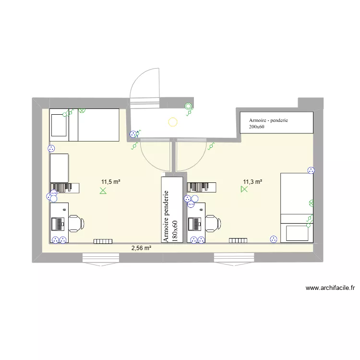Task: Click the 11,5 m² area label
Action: coord(110,182)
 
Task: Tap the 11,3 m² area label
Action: coord(252,181)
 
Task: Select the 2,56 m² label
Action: coord(142,248)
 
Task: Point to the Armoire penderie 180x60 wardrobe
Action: coord(172,210)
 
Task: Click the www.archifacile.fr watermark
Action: coord(330,288)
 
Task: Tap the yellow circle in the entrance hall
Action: coord(173,122)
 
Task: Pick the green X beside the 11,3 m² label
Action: coord(244,190)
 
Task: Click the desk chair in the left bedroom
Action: coord(76,223)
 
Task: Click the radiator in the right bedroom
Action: coord(238,240)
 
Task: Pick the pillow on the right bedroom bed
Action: coord(297,233)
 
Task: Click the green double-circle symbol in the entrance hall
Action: coord(189,106)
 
